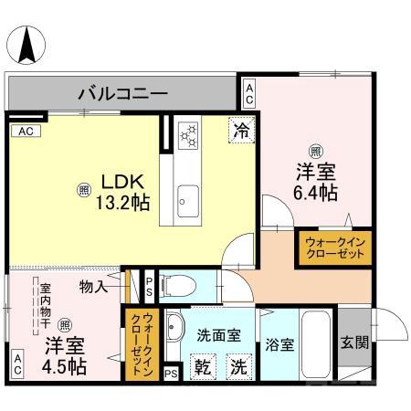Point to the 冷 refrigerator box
241,131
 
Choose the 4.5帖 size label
64,367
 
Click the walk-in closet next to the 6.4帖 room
333,248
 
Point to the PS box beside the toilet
149,286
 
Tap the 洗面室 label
221,334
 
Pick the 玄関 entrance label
355,343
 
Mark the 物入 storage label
94,287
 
